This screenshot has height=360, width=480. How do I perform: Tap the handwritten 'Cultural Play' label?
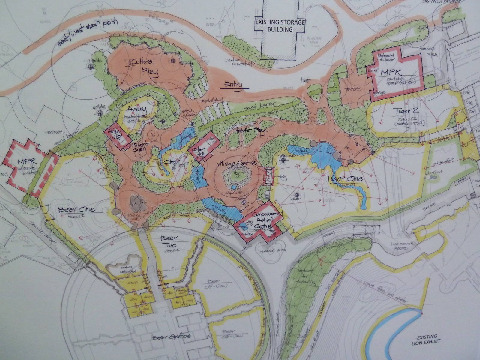(144, 68)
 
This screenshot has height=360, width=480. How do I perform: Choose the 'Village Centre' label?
(237, 164)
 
